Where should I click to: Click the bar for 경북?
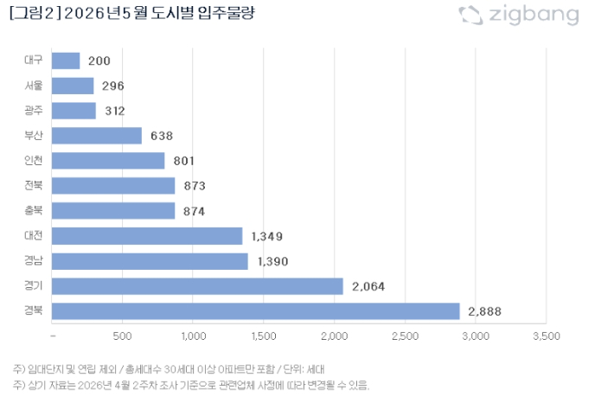[256, 310]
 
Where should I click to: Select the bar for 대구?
[66, 61]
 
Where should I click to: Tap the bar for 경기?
[198, 285]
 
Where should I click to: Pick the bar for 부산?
[97, 136]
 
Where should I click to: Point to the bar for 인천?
[108, 161]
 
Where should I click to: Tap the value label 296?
[112, 86]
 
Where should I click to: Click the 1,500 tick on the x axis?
[264, 336]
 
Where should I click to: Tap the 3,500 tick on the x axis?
[546, 336]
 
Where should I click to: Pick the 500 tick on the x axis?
[123, 336]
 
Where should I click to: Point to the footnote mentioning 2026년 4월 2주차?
[191, 385]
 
